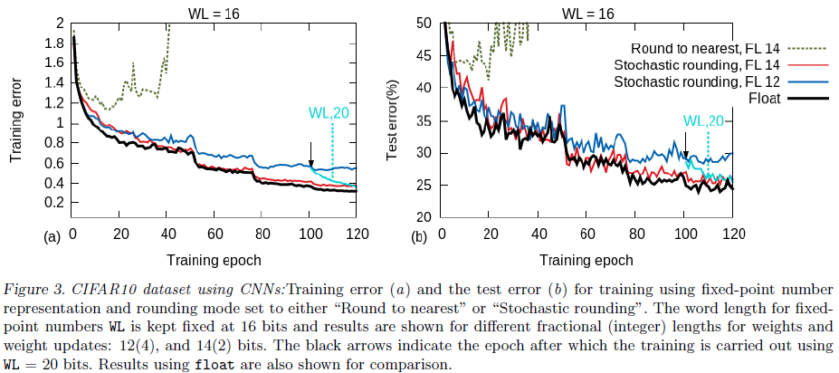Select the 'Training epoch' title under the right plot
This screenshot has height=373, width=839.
coord(587,260)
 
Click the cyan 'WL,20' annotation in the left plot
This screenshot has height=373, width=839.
coord(331,113)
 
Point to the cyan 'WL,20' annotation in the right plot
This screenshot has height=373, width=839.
coord(704,120)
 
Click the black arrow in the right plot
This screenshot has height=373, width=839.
coord(686,155)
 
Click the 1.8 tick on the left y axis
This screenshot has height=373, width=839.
coord(54,43)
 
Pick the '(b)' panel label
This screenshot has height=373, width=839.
coord(419,238)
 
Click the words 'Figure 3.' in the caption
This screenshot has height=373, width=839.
coord(37,289)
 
